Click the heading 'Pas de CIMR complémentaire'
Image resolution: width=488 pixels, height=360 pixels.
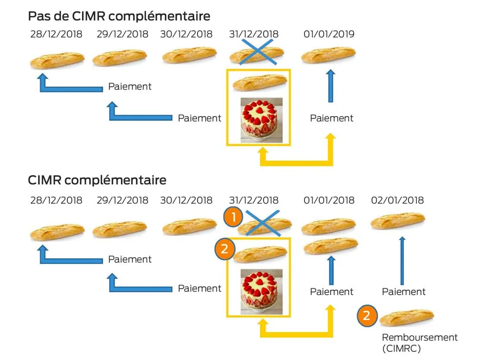[x=119, y=16]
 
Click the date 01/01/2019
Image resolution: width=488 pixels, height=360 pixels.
[x=328, y=34]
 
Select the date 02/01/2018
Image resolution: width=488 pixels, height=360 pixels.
[x=397, y=200]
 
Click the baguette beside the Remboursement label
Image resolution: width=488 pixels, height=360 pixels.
[x=407, y=317]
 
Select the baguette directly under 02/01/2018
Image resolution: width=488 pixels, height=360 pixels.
[x=397, y=220]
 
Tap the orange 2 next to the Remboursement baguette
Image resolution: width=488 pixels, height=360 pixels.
[x=367, y=316]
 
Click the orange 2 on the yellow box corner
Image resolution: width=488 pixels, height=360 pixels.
[x=224, y=249]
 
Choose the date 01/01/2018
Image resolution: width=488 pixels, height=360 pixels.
[x=328, y=200]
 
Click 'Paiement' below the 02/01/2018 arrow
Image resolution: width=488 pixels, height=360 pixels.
[x=404, y=292]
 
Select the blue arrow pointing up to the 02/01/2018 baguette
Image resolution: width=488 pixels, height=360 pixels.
[x=402, y=261]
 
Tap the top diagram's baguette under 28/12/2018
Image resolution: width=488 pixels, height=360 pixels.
[x=57, y=60]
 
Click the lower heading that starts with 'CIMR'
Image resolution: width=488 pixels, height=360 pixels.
[x=97, y=180]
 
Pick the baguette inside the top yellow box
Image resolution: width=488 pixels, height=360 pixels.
[x=259, y=83]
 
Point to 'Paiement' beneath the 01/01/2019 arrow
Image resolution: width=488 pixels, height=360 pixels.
[x=331, y=118]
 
